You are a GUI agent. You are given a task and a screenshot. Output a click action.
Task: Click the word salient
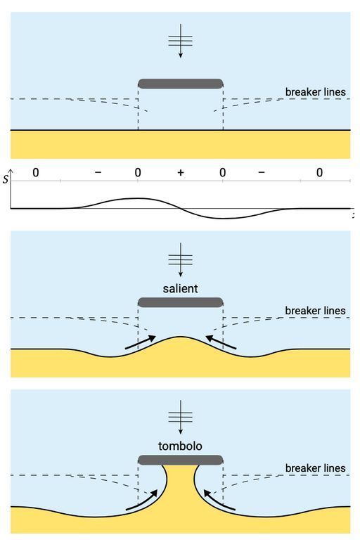(x=180, y=288)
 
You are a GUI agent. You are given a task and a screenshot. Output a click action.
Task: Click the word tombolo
(x=180, y=446)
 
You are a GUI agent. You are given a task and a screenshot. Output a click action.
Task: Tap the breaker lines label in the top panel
(x=316, y=92)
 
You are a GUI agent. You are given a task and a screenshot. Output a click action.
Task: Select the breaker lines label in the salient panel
(x=316, y=311)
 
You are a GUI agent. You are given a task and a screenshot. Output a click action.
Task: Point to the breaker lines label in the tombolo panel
(x=316, y=468)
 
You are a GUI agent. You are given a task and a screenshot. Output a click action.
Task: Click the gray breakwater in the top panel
(x=181, y=84)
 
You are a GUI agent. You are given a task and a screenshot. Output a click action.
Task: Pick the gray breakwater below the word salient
(x=181, y=302)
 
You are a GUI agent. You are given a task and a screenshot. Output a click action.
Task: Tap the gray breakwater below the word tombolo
(x=181, y=460)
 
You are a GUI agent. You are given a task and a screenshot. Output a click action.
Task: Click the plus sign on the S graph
(x=181, y=172)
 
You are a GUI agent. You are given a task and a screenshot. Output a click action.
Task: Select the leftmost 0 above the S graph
(x=36, y=172)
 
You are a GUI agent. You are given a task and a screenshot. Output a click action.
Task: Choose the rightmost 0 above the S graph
(x=319, y=172)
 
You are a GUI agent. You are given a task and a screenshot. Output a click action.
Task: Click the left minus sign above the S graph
(x=98, y=172)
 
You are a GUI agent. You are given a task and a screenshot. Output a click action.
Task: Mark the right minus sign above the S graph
(x=262, y=172)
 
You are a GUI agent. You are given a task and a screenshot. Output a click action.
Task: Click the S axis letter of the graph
(x=5, y=179)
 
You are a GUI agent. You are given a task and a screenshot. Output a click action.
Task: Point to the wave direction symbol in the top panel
(x=181, y=41)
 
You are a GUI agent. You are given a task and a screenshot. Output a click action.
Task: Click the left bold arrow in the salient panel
(x=141, y=342)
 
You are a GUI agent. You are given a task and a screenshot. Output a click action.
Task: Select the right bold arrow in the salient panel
(x=221, y=342)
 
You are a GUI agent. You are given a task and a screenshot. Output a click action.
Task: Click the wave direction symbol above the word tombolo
(x=181, y=417)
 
